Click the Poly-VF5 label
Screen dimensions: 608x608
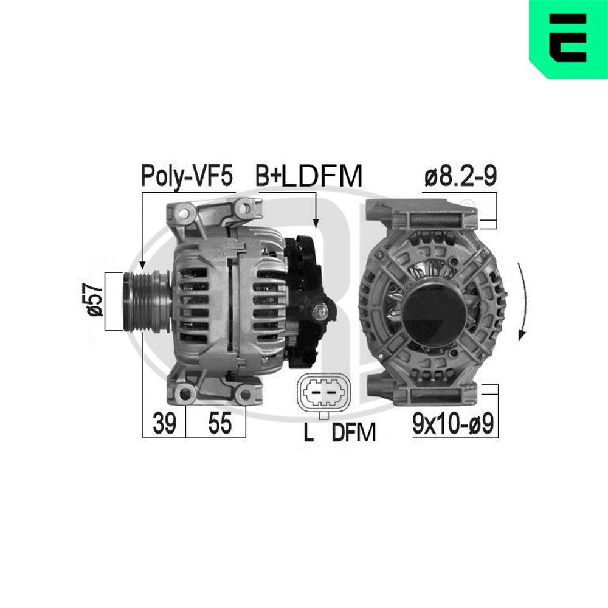point(187,176)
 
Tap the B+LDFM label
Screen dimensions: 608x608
point(308,176)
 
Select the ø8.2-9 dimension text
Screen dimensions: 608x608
point(461,176)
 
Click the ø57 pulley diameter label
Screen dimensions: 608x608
point(94,301)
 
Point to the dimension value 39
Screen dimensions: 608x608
point(164,424)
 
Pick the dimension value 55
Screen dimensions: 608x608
point(219,424)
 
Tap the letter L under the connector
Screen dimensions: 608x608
point(308,432)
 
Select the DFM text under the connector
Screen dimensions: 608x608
point(354,432)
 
